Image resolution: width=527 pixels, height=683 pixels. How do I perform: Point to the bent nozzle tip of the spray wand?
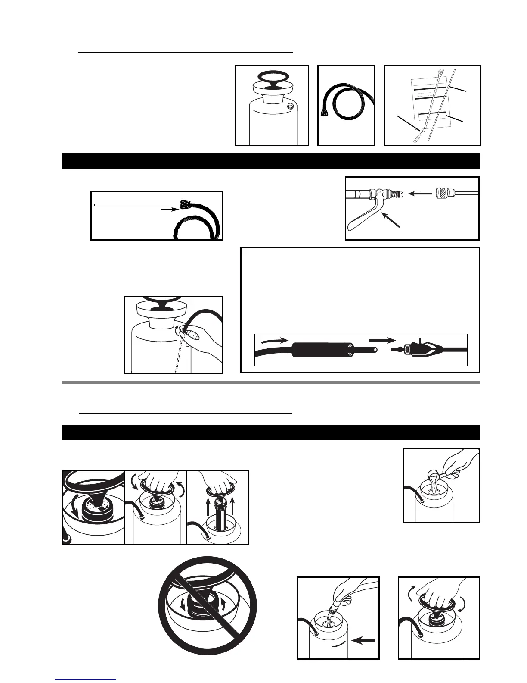[416, 139]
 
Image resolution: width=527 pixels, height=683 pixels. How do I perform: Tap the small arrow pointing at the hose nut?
[170, 210]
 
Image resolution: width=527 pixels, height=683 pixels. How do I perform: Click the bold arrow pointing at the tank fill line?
[364, 641]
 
